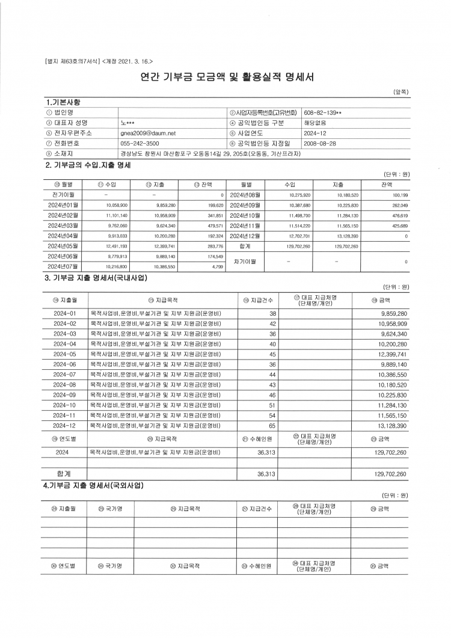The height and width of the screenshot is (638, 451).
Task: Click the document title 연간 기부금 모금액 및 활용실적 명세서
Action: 227,78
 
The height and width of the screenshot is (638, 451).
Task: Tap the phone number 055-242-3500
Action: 140,144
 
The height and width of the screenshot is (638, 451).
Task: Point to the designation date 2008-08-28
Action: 320,144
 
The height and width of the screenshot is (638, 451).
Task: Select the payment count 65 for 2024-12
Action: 272,425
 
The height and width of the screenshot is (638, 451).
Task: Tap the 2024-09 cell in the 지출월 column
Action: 65,394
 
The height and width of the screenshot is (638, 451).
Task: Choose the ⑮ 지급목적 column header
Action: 162,300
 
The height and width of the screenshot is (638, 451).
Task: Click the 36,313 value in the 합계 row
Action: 266,474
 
